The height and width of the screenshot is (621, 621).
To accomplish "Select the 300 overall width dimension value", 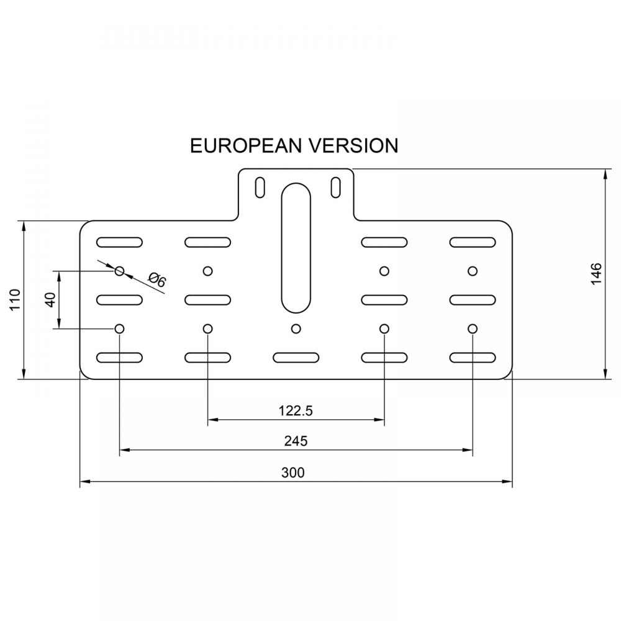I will (293, 473).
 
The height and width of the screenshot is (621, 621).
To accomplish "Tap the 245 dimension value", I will (296, 441).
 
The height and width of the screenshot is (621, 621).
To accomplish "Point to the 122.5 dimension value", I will (296, 410).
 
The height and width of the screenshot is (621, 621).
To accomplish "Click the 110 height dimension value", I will (16, 300).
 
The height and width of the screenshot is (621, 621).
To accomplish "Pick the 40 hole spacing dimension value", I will (50, 299).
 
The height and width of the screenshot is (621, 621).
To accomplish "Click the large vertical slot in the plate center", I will (296, 248).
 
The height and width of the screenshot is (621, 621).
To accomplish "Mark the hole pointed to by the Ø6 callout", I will (120, 271).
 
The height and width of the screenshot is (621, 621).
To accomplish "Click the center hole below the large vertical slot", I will (296, 328).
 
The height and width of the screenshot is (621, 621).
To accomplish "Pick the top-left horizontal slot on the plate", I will (119, 242).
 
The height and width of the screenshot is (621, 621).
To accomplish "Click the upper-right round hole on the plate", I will (473, 271).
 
